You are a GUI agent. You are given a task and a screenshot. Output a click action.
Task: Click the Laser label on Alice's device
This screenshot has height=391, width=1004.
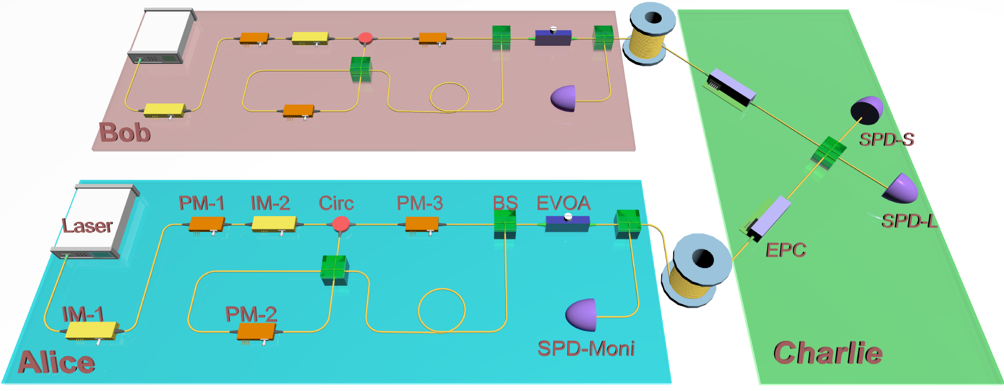[x=87, y=226]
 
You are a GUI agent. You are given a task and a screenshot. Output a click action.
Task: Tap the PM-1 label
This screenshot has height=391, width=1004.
[x=201, y=203]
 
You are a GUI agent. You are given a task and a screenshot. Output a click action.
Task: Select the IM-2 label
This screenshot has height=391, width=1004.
[x=270, y=203]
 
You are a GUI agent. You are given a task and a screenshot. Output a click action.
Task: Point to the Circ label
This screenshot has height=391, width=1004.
[x=336, y=203]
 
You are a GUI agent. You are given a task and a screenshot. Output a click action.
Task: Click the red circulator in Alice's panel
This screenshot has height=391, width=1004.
[x=340, y=224]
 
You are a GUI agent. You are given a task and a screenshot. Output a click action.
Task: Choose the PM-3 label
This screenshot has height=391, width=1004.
[x=419, y=203]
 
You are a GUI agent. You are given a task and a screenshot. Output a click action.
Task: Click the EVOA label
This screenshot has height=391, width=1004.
[x=563, y=203]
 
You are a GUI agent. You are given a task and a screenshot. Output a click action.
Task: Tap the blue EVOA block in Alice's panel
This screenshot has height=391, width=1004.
[x=567, y=223]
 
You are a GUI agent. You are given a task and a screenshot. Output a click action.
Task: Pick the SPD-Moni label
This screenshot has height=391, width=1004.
[x=586, y=348]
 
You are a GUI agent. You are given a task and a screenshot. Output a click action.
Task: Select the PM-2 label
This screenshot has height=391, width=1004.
[x=251, y=314]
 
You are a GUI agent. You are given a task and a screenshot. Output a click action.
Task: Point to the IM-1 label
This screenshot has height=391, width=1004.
[x=83, y=314]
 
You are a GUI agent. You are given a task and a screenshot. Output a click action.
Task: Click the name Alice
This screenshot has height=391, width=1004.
[x=56, y=362]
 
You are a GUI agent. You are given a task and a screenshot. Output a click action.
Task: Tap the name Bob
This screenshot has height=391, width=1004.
[x=125, y=132]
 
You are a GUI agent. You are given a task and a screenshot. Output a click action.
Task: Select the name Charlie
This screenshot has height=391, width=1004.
[x=828, y=353]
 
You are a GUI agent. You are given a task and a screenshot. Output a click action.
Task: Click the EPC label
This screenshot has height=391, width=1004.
[x=785, y=250]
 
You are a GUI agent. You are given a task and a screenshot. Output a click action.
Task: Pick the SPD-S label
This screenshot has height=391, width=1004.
[x=886, y=139]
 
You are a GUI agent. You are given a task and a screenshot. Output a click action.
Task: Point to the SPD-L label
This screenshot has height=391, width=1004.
[x=909, y=221]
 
